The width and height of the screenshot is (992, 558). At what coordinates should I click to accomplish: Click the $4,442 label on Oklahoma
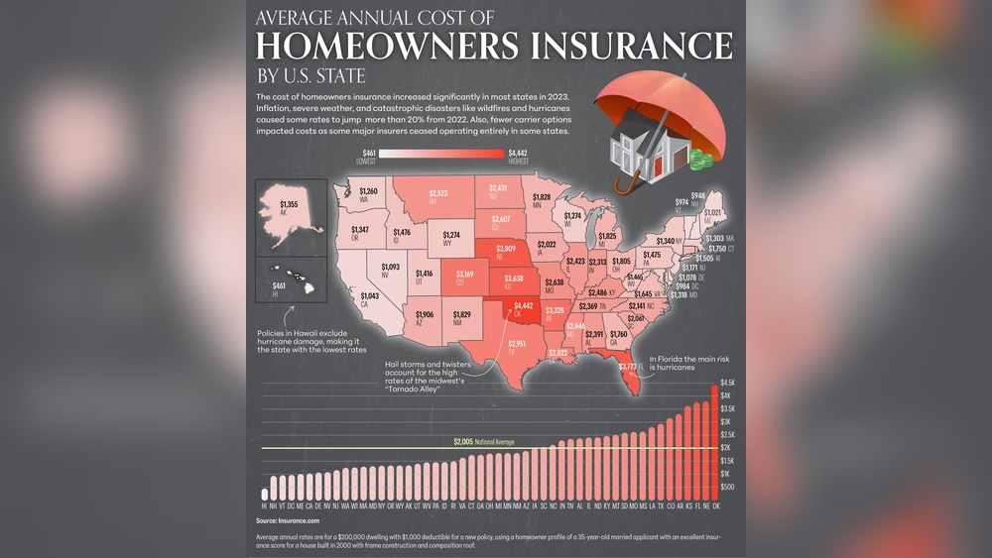click(523, 307)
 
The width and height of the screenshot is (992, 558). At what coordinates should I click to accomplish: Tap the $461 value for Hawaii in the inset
click(279, 286)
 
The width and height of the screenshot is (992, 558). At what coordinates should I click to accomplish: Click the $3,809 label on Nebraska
click(506, 250)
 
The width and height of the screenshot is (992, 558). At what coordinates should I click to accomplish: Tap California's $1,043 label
click(369, 296)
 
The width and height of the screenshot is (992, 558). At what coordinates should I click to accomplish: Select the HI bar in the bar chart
click(265, 494)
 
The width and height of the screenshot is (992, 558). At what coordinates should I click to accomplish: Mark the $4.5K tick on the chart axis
click(728, 383)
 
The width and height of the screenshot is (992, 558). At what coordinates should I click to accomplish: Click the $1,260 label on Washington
click(368, 190)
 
